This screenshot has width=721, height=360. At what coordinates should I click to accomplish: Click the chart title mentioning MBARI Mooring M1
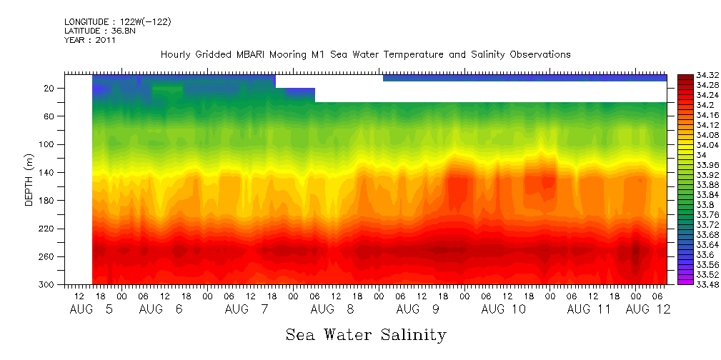tap(365, 54)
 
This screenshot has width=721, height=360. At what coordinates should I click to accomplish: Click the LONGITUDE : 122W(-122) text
tap(117, 22)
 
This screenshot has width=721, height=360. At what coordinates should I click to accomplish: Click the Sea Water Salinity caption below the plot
tap(366, 335)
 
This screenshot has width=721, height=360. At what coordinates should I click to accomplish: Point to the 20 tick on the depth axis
tap(50, 88)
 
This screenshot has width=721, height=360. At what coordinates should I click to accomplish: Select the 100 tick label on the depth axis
tap(48, 144)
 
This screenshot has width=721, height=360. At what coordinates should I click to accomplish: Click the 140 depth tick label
tap(48, 172)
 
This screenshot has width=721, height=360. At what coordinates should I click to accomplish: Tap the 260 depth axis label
tap(48, 256)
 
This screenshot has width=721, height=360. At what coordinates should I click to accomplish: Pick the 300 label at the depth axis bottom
tap(48, 284)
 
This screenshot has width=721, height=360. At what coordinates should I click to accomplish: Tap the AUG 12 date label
tap(647, 309)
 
